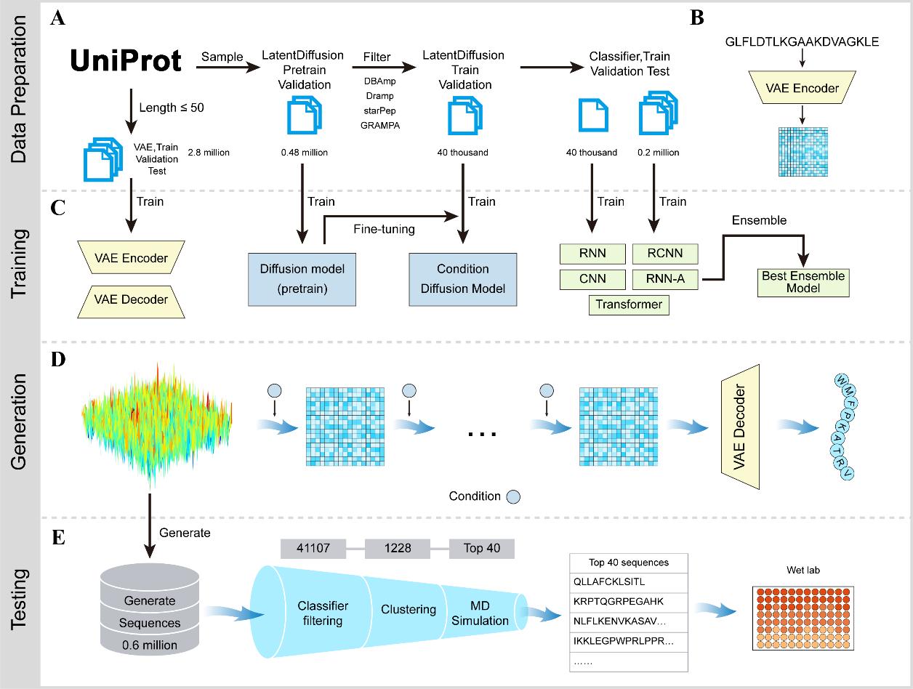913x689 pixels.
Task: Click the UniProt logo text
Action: point(126,61)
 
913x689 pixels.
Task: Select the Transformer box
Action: point(628,304)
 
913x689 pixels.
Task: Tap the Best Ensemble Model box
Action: point(803,282)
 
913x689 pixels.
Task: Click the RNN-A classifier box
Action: point(664,278)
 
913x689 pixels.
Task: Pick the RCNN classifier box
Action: point(664,253)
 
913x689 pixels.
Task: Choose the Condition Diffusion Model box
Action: point(462,278)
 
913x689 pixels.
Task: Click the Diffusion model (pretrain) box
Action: point(302,278)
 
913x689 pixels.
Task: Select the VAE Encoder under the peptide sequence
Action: point(803,89)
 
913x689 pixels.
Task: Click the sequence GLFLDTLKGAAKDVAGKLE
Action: point(802,41)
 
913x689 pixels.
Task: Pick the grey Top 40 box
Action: point(481,548)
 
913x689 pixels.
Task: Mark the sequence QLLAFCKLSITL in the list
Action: point(609,581)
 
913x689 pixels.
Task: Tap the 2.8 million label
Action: point(209,153)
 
